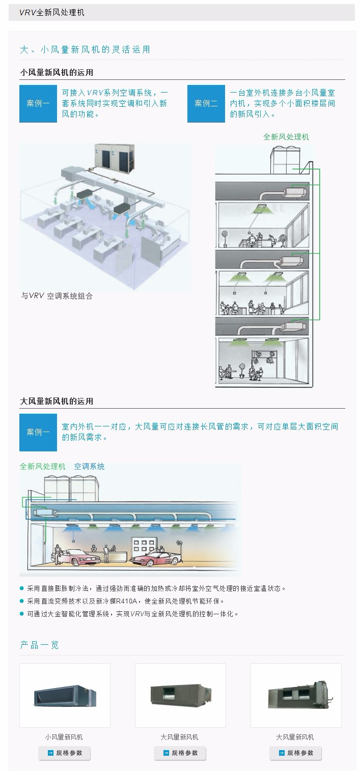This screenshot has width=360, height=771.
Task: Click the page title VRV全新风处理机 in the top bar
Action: (52, 13)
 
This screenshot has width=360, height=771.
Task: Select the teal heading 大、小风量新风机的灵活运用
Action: (85, 50)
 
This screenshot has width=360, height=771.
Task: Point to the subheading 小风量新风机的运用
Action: (57, 72)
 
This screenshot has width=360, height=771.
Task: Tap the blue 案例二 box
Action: (206, 104)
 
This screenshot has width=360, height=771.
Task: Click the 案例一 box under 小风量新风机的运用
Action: (38, 104)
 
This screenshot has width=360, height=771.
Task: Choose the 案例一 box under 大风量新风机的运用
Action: (38, 433)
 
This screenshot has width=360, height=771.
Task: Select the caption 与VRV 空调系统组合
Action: (57, 296)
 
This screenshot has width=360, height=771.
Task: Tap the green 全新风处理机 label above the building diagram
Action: (286, 137)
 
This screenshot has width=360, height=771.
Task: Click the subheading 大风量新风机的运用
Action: (57, 401)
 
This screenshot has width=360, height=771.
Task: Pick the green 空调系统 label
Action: (89, 466)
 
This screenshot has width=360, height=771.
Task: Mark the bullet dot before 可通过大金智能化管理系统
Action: (22, 614)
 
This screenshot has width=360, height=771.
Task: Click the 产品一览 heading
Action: (39, 645)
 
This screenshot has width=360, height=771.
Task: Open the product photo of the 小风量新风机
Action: (65, 695)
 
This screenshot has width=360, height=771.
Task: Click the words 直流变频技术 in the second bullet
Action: (57, 601)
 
